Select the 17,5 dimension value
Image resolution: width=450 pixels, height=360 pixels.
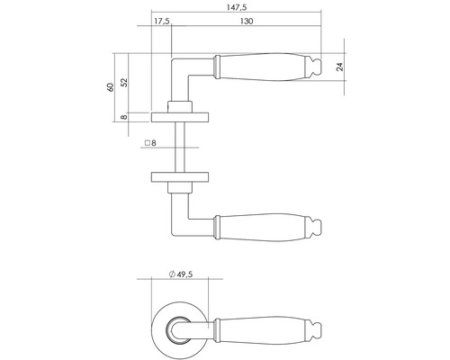point(161,21)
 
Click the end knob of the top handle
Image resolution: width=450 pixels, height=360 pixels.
point(317,66)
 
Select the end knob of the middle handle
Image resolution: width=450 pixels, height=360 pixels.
point(317,225)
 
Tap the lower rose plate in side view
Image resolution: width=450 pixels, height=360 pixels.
point(182,174)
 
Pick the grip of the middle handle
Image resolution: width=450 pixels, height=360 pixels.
point(261,225)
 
